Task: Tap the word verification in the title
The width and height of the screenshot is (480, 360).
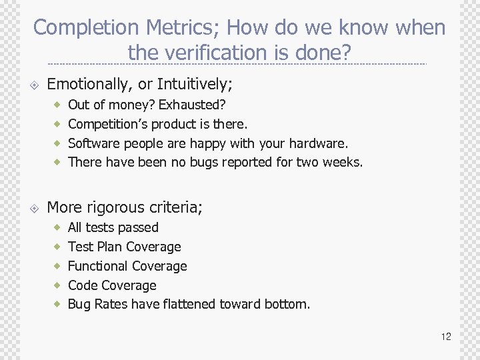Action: point(214,52)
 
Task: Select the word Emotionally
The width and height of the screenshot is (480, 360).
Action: point(90,84)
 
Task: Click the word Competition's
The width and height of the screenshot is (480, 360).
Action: point(110,124)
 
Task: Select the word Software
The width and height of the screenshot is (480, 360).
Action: point(93,143)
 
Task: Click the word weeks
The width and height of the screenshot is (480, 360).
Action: point(343,162)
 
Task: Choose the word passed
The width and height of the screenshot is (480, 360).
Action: point(139,228)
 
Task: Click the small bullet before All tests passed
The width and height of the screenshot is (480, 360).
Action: point(58,228)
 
